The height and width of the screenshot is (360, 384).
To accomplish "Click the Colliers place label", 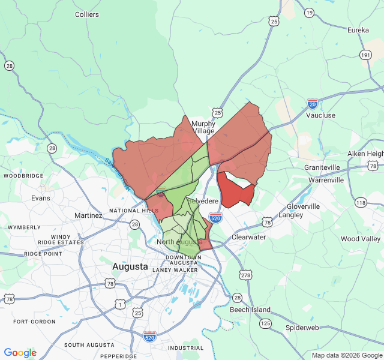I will [x=87, y=14].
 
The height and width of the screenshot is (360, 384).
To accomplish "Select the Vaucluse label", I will [x=320, y=115].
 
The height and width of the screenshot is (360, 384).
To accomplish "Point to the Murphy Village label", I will [x=203, y=127].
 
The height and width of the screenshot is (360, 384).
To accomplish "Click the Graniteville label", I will [x=322, y=167].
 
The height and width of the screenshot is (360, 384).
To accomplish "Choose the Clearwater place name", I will [x=248, y=237].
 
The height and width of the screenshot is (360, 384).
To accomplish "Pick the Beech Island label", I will [x=250, y=310].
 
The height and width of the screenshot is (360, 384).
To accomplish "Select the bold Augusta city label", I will [x=130, y=266].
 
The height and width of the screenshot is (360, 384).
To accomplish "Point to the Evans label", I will [x=41, y=197].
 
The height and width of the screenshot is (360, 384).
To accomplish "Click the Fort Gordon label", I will [x=34, y=322].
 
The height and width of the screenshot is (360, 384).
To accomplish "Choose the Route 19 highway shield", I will [x=309, y=13].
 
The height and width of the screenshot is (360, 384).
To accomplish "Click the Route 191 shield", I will [x=365, y=55].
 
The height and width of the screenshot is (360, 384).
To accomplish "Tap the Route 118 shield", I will [x=360, y=203].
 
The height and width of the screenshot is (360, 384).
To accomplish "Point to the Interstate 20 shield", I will [x=312, y=103].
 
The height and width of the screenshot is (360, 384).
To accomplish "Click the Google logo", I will [x=20, y=353].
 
